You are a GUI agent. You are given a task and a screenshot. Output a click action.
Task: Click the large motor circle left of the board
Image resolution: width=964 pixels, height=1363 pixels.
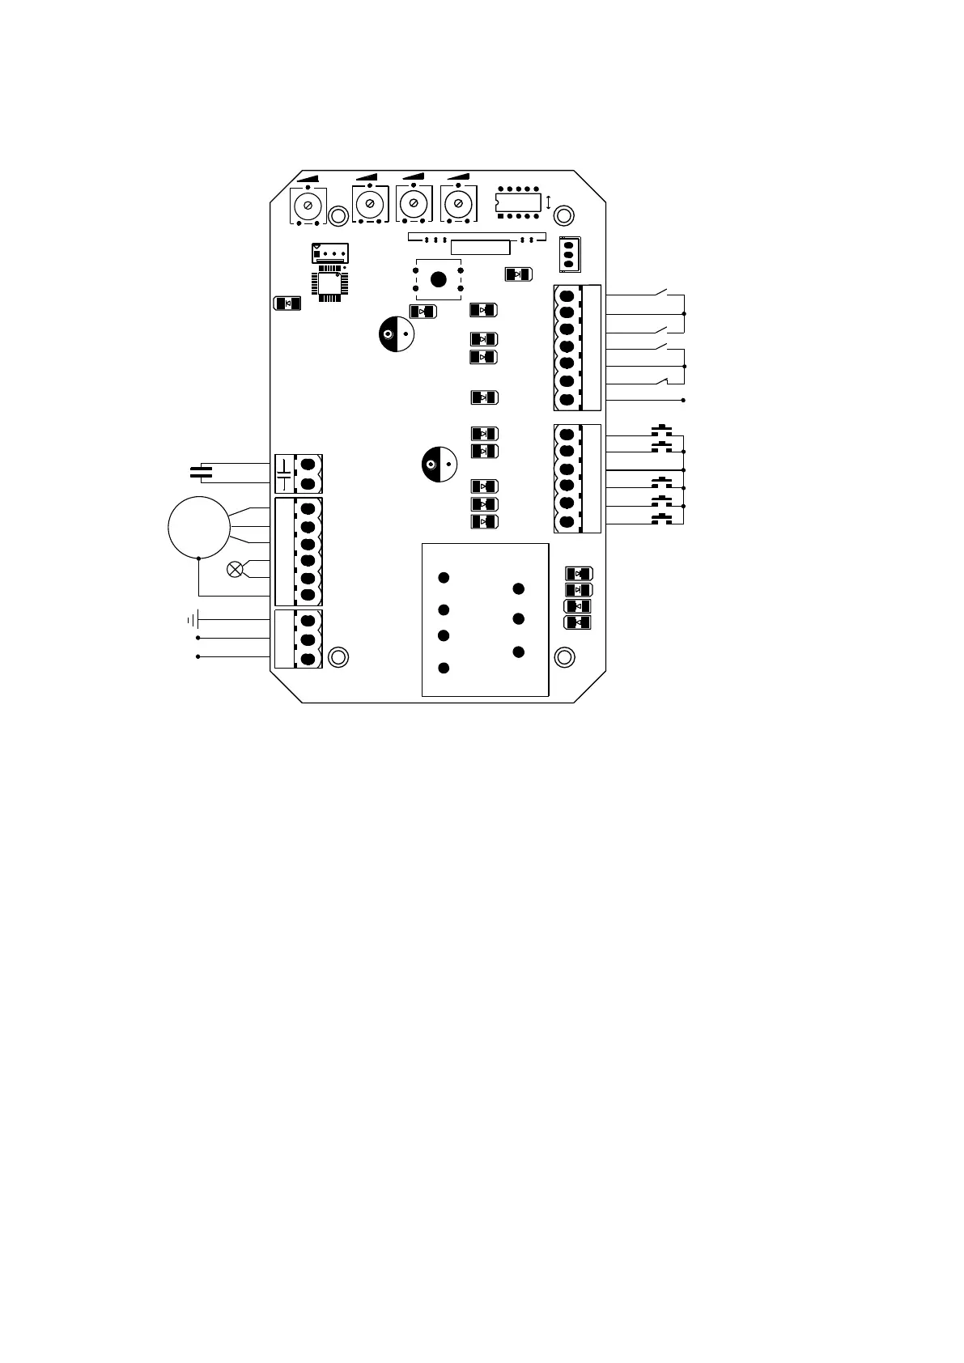click(198, 526)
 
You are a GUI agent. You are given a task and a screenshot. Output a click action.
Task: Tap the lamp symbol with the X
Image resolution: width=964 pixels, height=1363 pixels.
click(236, 570)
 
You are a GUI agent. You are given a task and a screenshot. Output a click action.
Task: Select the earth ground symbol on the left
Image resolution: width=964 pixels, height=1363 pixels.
click(193, 621)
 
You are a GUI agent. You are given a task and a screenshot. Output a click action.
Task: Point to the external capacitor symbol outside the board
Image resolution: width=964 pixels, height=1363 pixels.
click(201, 472)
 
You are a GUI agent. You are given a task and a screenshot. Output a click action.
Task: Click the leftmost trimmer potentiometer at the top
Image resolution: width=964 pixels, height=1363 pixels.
click(308, 204)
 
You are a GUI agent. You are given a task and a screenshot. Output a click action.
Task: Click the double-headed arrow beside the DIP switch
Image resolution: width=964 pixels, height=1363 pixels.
click(550, 202)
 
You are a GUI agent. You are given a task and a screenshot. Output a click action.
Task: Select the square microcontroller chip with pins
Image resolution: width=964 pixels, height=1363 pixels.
click(329, 284)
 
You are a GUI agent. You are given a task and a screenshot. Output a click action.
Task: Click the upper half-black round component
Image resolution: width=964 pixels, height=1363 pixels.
click(397, 335)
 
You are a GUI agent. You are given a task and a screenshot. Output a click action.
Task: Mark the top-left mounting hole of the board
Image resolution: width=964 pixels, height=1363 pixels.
click(339, 215)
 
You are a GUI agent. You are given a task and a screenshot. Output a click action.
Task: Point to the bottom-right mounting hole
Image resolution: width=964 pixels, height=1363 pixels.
click(564, 656)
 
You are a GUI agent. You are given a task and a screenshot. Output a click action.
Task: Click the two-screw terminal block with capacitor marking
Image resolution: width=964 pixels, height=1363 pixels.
click(298, 474)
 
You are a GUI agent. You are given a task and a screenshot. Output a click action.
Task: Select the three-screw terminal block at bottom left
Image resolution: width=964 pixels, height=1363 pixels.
click(298, 639)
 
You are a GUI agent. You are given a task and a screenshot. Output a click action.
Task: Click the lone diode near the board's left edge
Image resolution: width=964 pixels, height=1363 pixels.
click(288, 304)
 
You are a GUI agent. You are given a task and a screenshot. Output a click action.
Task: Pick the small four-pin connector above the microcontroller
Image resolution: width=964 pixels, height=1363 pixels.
click(329, 253)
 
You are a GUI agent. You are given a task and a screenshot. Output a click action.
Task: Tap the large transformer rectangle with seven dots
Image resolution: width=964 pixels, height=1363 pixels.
click(485, 620)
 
